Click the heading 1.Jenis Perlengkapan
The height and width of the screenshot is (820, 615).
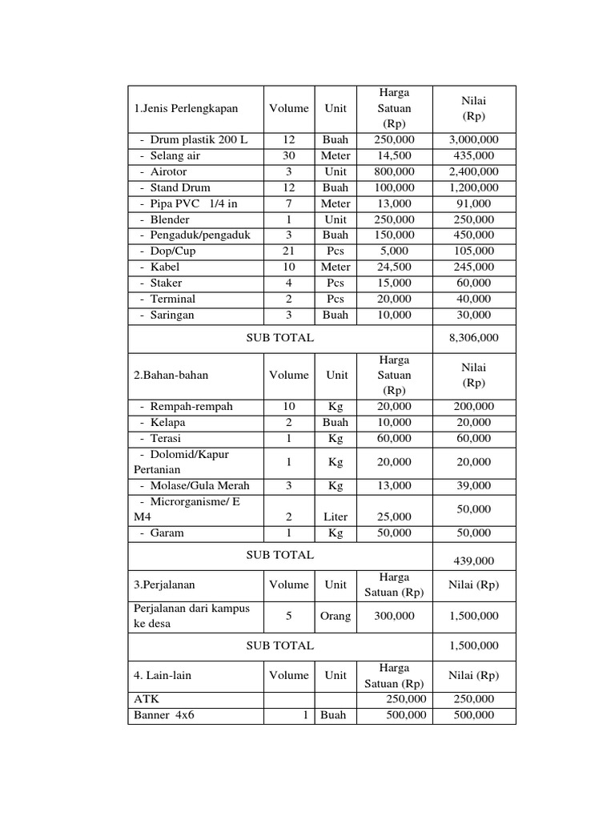coord(186,108)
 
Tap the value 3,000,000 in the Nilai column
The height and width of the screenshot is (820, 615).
coord(474,139)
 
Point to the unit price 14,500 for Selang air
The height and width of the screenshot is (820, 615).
coord(392,155)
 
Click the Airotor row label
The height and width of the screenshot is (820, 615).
coord(168,171)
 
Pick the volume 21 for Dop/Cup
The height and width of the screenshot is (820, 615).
coord(288,251)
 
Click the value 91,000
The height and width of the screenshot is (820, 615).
coord(474,203)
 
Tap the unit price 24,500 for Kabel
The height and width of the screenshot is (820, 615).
coord(392,267)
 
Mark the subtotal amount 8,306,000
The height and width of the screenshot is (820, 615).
coord(474,338)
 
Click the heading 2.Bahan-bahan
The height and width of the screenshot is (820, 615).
coord(165,375)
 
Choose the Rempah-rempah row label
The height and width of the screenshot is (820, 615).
coord(191,406)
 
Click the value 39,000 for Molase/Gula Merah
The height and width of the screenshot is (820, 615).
coord(474,485)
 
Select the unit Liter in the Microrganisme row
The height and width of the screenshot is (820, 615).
coord(336,517)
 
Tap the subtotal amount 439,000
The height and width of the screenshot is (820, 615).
coord(474,561)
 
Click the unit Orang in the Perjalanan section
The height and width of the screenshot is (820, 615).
coord(336,616)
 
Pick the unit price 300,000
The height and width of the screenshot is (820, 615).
coord(392,616)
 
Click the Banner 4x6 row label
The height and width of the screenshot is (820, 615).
coord(164,715)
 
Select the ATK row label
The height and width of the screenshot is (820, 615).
coord(147,699)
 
